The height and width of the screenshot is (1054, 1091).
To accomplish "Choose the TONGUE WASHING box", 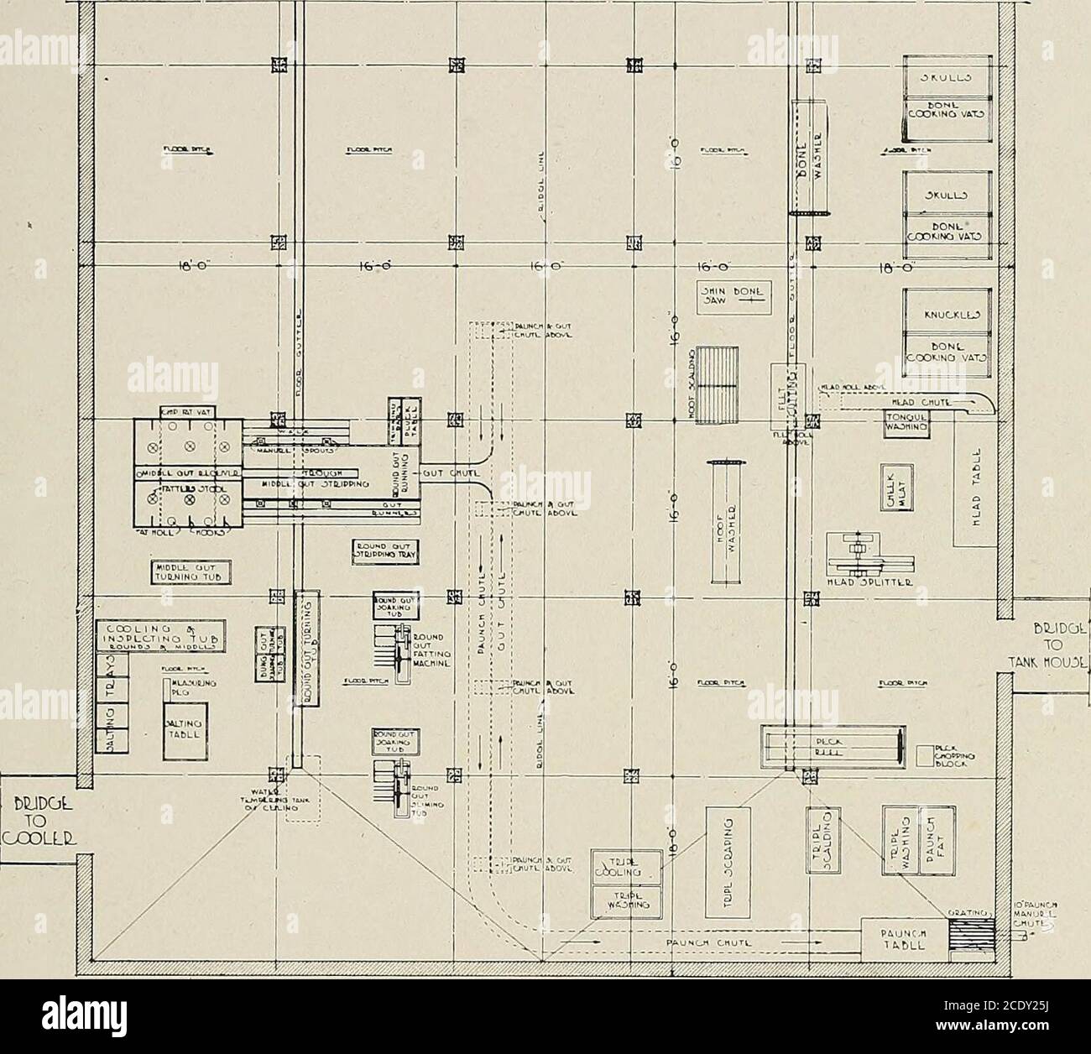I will [906, 425].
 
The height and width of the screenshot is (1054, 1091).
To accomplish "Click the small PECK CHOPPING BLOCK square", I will [927, 755].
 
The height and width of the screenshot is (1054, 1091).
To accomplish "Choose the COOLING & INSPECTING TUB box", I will [159, 635].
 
